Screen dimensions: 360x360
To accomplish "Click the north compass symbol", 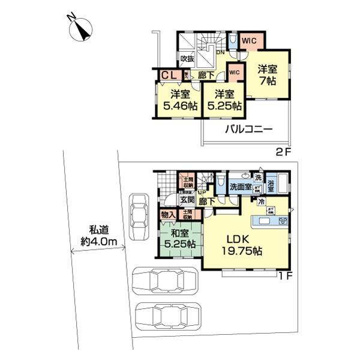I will click(x=79, y=30).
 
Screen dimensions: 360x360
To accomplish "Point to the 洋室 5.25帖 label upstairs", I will click(x=223, y=100).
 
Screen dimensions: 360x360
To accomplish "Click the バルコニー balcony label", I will click(x=249, y=129).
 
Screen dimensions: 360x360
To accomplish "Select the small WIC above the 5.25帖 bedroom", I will click(x=235, y=73).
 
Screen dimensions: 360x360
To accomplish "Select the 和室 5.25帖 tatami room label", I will click(x=179, y=239).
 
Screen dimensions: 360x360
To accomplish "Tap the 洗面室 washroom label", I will click(x=241, y=187).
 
